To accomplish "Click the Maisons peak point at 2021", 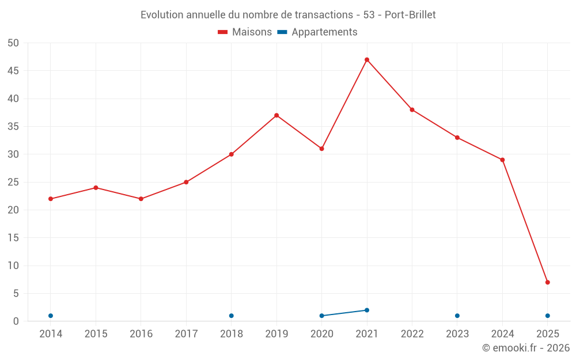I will coord(367,60).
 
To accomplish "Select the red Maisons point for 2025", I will coord(548,282).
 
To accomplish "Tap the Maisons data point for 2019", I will coord(276,115).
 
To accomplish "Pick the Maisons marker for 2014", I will coord(51,199).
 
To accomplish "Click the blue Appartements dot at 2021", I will coord(367,310).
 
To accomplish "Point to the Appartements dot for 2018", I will coord(232,316).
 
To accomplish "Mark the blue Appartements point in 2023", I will coord(457,316).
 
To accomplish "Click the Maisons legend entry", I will coord(245,32).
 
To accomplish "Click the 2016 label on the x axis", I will coord(141,334).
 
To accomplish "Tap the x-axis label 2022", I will coord(412,334).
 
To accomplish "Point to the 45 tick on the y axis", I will coord(13,71).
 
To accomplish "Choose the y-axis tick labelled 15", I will coord(13,238).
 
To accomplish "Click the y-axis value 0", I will coord(16,321).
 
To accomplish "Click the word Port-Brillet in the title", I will coord(410,15).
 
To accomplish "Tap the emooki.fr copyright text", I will coord(526,348).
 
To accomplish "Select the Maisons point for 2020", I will coord(322,149).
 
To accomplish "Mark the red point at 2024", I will coord(502,160).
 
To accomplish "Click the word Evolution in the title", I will coord(162,15).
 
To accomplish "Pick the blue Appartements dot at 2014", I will coord(51,316).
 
